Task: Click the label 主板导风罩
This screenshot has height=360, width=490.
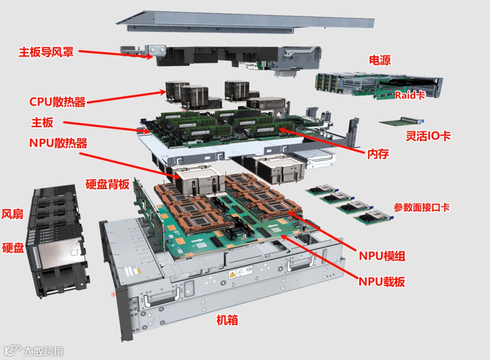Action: click(x=46, y=52)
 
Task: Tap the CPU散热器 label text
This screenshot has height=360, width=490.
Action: click(x=57, y=102)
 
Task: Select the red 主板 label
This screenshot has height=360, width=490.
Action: click(x=42, y=122)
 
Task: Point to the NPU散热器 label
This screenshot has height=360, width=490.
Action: click(x=58, y=143)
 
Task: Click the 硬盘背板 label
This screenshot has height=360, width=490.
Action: click(x=107, y=184)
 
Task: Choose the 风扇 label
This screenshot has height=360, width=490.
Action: click(x=13, y=214)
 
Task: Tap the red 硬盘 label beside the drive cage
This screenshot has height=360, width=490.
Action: click(x=13, y=248)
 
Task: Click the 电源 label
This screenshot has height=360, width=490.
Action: click(x=380, y=60)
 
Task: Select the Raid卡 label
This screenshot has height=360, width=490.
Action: click(x=410, y=95)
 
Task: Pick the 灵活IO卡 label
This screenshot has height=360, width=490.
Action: click(x=428, y=136)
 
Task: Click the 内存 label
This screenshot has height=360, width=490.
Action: click(x=378, y=154)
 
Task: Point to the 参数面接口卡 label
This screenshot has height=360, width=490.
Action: click(x=421, y=207)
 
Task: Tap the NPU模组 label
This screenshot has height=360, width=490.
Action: click(x=382, y=256)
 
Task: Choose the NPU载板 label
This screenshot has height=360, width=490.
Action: click(x=382, y=282)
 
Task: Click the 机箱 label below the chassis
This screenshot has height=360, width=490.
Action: click(x=227, y=320)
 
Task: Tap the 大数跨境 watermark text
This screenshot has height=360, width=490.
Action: click(x=44, y=351)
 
